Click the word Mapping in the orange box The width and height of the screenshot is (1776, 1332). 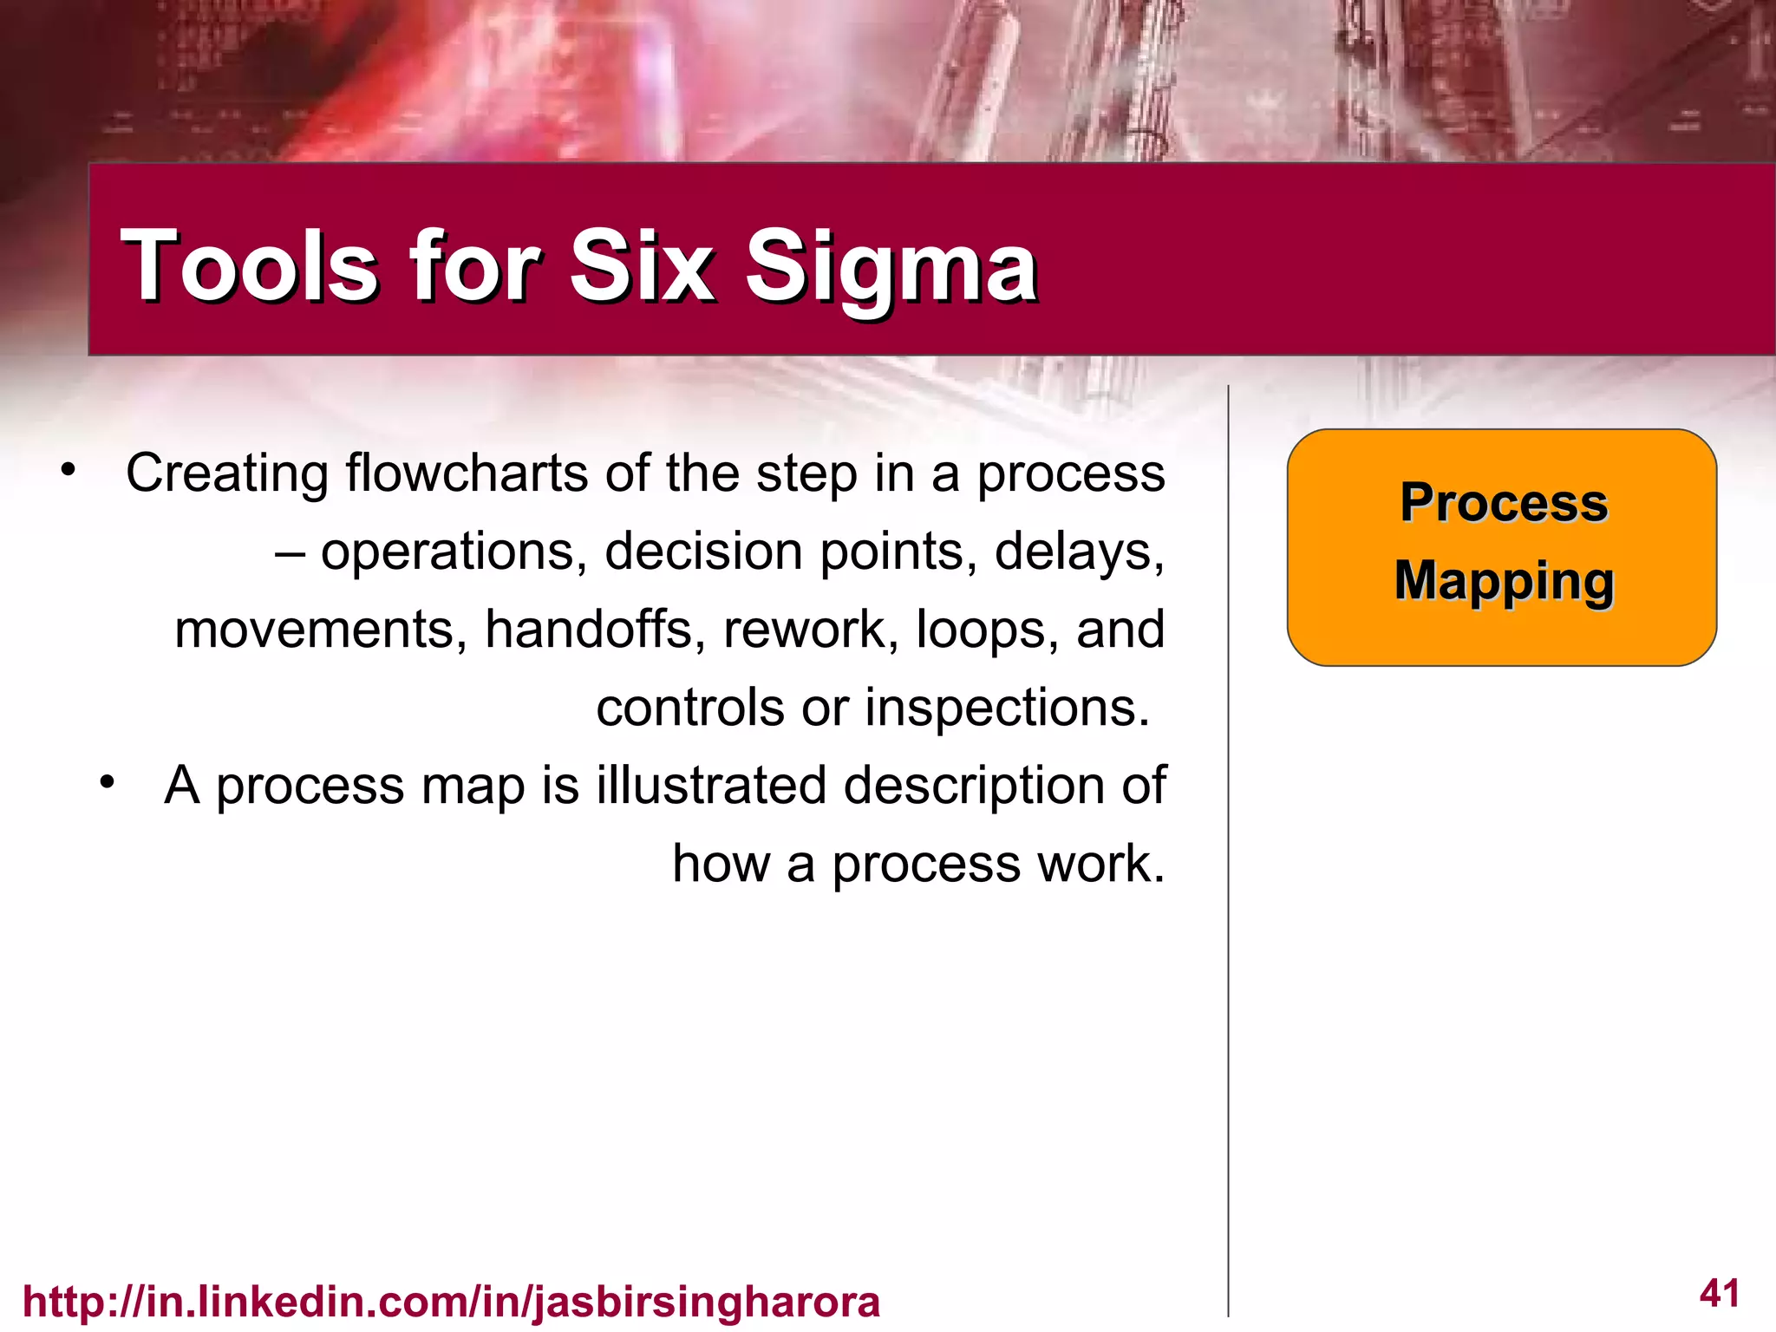point(1504,581)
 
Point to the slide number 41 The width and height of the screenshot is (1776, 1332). point(1719,1293)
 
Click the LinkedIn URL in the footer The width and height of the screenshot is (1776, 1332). point(451,1302)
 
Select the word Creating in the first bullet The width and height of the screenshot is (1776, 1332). point(226,473)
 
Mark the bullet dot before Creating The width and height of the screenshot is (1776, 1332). point(69,471)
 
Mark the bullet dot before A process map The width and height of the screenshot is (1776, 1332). point(107,783)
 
